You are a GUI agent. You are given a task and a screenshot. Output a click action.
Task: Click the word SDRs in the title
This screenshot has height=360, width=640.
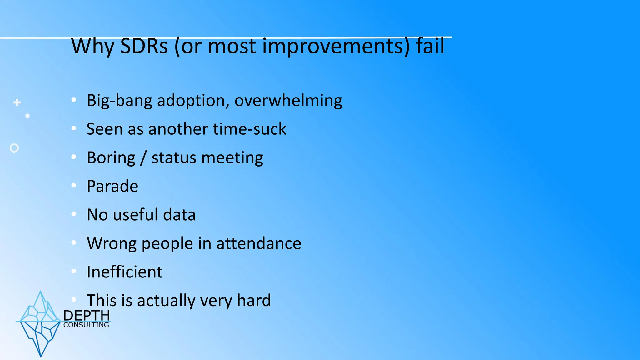click(144, 46)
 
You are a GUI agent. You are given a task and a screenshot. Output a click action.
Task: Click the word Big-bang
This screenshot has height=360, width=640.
click(119, 101)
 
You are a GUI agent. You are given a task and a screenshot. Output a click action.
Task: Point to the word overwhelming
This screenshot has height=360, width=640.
click(288, 101)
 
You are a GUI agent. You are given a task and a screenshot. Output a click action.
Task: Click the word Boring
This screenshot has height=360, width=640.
click(111, 158)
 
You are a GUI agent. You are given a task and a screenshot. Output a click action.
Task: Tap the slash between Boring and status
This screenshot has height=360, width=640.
click(143, 158)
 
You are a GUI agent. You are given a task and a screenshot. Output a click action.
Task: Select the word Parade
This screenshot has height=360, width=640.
click(112, 186)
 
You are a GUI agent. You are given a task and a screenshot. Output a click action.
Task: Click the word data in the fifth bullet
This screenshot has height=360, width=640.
click(179, 215)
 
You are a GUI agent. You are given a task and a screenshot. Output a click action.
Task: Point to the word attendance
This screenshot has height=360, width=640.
click(258, 243)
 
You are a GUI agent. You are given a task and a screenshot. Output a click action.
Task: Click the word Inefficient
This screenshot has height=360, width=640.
click(124, 272)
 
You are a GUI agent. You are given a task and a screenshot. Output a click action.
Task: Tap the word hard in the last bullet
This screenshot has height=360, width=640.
click(254, 300)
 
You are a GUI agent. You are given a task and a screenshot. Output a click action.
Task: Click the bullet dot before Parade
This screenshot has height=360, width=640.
click(74, 186)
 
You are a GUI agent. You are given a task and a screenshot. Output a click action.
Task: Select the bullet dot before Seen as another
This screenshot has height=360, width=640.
click(74, 128)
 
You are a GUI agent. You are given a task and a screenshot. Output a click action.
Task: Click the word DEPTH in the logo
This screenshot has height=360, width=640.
click(87, 316)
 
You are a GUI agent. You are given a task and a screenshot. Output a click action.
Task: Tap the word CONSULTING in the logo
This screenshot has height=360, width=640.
click(86, 325)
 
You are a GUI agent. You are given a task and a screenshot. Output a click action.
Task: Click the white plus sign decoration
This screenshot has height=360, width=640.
click(17, 102)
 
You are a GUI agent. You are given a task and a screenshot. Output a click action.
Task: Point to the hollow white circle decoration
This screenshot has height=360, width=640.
click(14, 148)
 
